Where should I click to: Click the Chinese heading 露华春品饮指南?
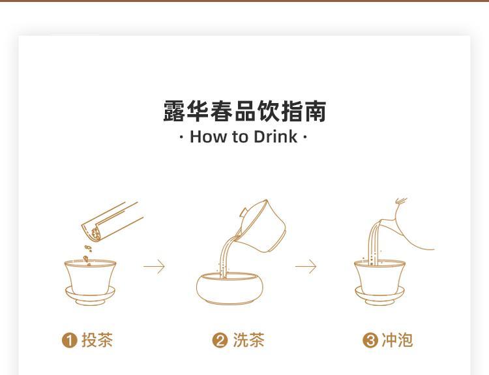click(x=244, y=111)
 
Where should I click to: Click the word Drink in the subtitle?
click(x=275, y=137)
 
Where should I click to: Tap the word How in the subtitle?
click(x=209, y=137)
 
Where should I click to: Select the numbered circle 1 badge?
click(x=69, y=340)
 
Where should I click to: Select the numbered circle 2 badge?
click(x=220, y=340)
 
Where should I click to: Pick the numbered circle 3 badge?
click(x=370, y=340)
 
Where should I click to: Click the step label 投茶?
click(x=97, y=340)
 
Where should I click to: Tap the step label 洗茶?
click(x=248, y=340)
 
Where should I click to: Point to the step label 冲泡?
click(x=397, y=340)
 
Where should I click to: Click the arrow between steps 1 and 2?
click(x=154, y=267)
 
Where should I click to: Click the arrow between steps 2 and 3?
click(x=306, y=267)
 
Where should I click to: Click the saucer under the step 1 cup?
click(x=90, y=296)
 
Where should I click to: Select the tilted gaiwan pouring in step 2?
click(x=261, y=226)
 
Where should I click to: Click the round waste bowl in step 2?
click(x=230, y=288)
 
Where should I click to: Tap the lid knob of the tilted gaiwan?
click(x=244, y=214)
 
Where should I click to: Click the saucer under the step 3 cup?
click(x=379, y=296)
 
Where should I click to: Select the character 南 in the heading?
click(x=316, y=111)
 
